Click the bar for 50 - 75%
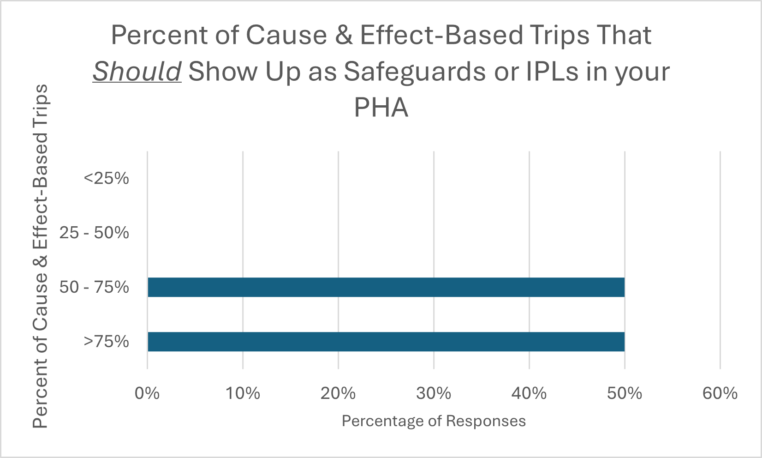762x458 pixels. click(386, 287)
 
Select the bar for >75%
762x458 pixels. click(386, 342)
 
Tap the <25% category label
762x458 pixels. click(106, 178)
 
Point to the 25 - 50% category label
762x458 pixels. click(94, 233)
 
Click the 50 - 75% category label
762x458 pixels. click(94, 287)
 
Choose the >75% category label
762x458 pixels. click(106, 342)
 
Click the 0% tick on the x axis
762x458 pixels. click(147, 393)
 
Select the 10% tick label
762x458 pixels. click(243, 393)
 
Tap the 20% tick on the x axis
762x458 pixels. click(338, 393)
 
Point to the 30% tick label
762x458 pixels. click(434, 393)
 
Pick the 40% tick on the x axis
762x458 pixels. click(529, 393)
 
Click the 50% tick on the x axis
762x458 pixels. click(625, 393)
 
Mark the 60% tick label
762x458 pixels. click(720, 393)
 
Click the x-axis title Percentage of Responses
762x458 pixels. click(434, 421)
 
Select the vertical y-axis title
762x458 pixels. click(41, 256)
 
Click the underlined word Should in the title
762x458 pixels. click(137, 72)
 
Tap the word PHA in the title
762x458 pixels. click(381, 108)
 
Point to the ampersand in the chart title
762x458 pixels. click(344, 35)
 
